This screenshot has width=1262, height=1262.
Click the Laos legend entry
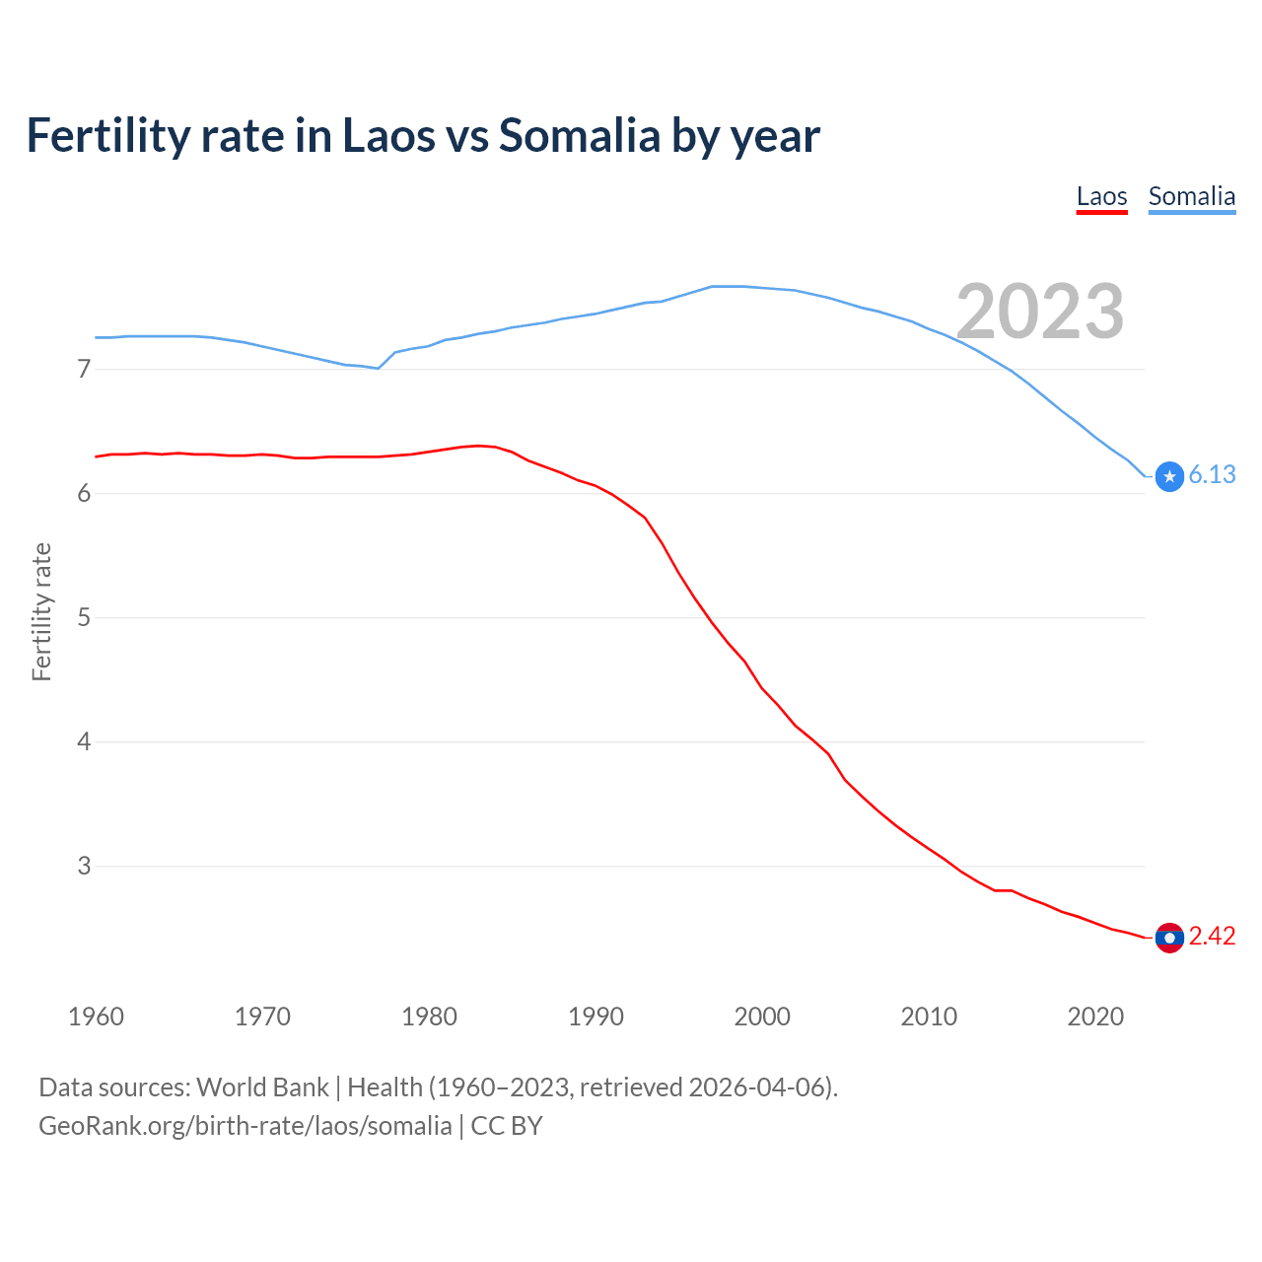(x=1101, y=196)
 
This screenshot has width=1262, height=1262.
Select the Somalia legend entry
(x=1191, y=196)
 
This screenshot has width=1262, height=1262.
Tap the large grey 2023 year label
(x=1039, y=312)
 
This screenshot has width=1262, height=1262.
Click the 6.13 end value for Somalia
(x=1212, y=475)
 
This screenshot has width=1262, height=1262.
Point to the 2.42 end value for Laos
(x=1212, y=936)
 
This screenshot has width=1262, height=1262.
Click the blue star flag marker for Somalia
(x=1169, y=476)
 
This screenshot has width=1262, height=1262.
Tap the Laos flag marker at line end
(x=1169, y=938)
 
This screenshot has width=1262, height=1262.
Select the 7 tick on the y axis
(x=84, y=370)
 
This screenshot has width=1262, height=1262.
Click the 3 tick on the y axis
(x=84, y=867)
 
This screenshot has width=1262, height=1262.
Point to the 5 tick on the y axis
(x=84, y=618)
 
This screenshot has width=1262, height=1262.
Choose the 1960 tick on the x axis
(x=96, y=1017)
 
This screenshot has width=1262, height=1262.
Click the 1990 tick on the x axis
(x=596, y=1017)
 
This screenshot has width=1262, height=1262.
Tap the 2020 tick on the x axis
(x=1095, y=1017)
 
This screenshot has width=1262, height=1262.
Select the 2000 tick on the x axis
(x=762, y=1017)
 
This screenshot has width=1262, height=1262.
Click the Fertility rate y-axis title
(x=41, y=611)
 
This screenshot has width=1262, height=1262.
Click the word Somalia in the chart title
(x=579, y=135)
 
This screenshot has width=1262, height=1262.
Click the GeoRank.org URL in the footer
(x=245, y=1126)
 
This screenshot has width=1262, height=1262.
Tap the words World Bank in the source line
(x=262, y=1087)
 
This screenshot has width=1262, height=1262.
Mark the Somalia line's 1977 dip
(x=379, y=368)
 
